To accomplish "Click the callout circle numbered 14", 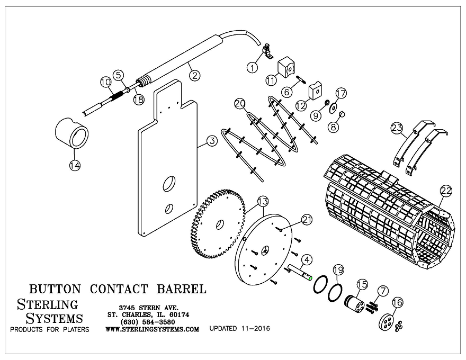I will point(75,165).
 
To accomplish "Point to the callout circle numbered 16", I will point(397,302).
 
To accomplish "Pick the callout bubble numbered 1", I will point(253,67).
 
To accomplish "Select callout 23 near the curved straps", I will point(397,127).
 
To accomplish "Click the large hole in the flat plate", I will point(169,184).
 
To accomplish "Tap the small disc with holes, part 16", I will point(388,321).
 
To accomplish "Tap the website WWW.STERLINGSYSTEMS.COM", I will point(153,329).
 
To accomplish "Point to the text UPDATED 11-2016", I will point(240,329).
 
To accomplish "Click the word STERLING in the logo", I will point(48,304).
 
